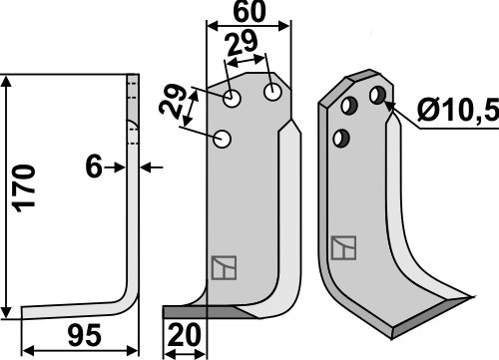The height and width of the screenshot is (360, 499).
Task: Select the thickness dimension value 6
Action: point(94,168)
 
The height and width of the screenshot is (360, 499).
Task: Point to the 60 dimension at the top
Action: point(239,14)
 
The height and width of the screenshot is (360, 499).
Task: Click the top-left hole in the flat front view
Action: point(233,99)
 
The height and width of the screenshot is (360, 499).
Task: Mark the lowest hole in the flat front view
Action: point(223,139)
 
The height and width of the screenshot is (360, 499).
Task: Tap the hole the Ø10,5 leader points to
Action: point(377,95)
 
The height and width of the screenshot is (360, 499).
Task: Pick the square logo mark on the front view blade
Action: point(222,267)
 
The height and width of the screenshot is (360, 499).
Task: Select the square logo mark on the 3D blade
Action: point(342,247)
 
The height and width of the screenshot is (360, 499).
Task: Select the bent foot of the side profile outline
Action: point(75,310)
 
